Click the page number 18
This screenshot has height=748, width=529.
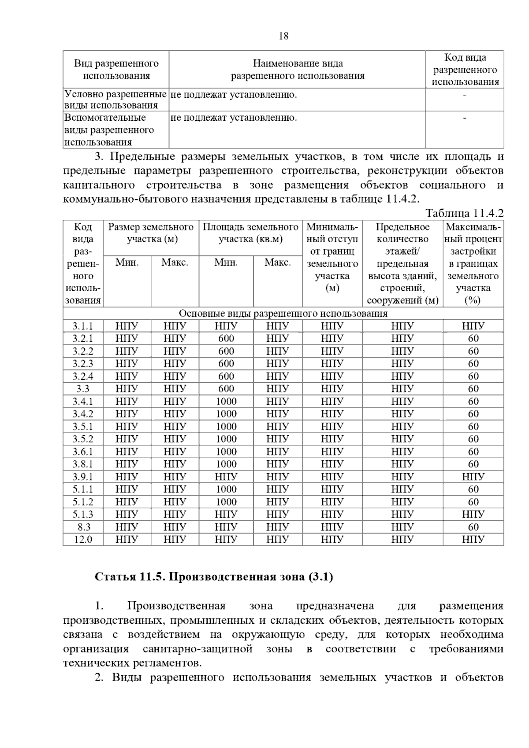pyautogui.click(x=283, y=37)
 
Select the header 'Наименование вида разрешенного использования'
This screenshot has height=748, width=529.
pyautogui.click(x=298, y=70)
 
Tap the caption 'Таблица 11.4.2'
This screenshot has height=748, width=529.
pyautogui.click(x=464, y=214)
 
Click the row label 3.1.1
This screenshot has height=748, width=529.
pyautogui.click(x=83, y=326)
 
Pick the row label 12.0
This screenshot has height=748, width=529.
pyautogui.click(x=83, y=540)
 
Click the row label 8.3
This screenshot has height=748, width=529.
pyautogui.click(x=83, y=527)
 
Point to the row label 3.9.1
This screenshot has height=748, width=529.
pyautogui.click(x=83, y=477)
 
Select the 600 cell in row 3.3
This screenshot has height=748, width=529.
pyautogui.click(x=226, y=389)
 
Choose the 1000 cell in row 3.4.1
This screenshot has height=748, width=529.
pyautogui.click(x=226, y=402)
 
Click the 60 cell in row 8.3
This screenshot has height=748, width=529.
pyautogui.click(x=473, y=527)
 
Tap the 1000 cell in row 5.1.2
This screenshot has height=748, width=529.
pyautogui.click(x=226, y=502)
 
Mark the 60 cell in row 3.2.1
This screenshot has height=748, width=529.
pyautogui.click(x=473, y=339)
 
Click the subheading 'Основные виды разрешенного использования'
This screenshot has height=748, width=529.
pyautogui.click(x=283, y=314)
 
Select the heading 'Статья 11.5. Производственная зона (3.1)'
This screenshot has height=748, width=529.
pyautogui.click(x=214, y=577)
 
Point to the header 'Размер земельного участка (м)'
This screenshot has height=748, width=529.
pyautogui.click(x=151, y=233)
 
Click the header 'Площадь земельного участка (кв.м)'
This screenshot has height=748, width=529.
pyautogui.click(x=250, y=233)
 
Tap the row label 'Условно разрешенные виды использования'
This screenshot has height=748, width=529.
pyautogui.click(x=115, y=100)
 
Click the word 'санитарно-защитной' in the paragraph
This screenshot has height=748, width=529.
pyautogui.click(x=197, y=649)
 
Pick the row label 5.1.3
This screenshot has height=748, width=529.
pyautogui.click(x=83, y=515)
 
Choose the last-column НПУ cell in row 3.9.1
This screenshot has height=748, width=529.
pyautogui.click(x=473, y=477)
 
